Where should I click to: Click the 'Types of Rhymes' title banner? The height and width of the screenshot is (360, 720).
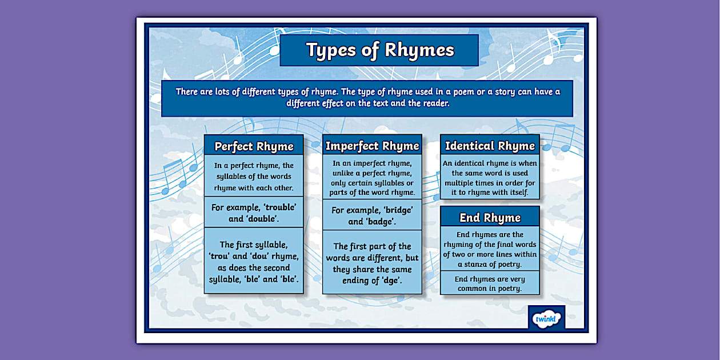[x=379, y=50]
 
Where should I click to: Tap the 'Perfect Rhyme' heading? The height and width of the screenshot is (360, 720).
[x=254, y=146]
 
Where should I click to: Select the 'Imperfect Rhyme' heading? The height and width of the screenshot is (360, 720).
[x=372, y=146]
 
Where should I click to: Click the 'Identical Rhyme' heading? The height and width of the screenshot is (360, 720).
[x=490, y=146]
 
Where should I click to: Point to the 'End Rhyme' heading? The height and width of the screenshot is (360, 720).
[x=490, y=218]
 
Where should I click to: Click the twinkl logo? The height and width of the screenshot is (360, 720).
[x=546, y=318]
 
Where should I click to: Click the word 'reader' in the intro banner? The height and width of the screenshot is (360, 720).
[x=435, y=103]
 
